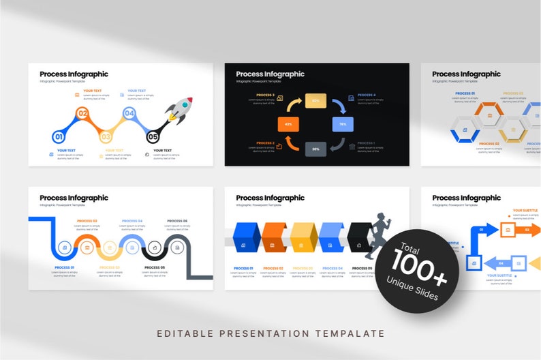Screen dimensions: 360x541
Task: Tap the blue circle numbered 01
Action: coord(59,137)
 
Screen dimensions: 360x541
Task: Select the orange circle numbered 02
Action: coord(82,114)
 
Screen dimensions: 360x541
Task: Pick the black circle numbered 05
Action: coord(153,137)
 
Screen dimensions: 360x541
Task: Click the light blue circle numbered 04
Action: coord(129,114)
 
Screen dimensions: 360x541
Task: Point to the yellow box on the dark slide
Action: coord(315,101)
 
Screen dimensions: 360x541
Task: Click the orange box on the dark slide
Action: coord(288,124)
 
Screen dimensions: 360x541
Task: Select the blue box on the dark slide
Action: coord(343,124)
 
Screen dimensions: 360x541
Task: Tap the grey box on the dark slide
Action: coord(315,148)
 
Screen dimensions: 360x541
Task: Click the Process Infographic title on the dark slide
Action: coord(270,74)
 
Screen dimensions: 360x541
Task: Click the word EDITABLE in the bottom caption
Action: coord(181,333)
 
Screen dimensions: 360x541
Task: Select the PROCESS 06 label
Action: coord(177,221)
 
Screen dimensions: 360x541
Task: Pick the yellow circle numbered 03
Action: coord(106,137)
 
